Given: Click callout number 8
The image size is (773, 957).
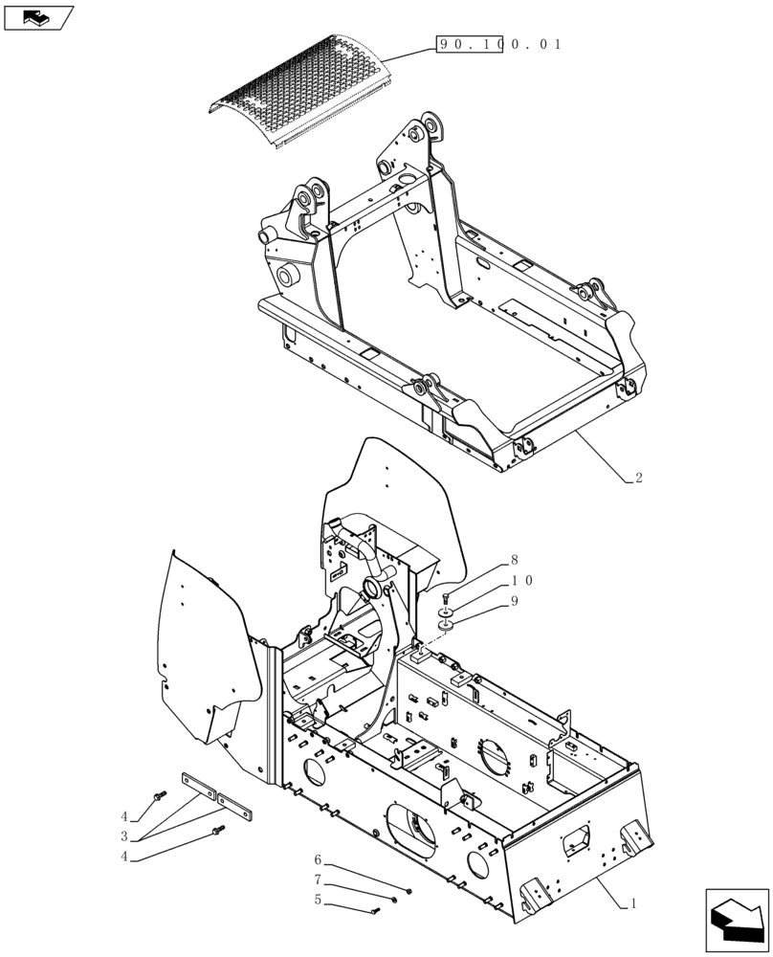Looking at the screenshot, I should point(514,560).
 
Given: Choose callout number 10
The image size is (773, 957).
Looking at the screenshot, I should point(520,581).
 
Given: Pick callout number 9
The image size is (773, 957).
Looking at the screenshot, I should point(514,601).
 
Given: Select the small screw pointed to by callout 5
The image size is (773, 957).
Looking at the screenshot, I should point(376,909).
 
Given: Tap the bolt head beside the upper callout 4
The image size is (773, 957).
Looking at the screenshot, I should point(160,794).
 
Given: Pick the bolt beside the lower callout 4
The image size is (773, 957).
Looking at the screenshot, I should point(220,829).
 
